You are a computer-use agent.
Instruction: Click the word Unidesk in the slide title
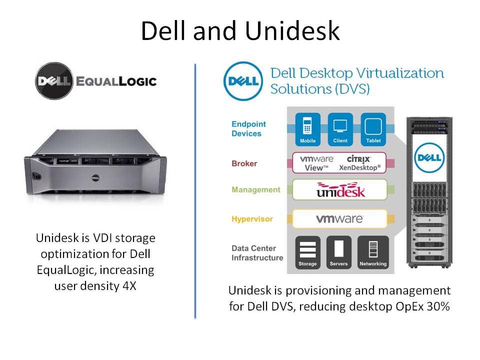292,30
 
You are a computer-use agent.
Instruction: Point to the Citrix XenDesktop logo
359,162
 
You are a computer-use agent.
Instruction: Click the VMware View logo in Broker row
317,162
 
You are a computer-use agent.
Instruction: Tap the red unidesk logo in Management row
340,190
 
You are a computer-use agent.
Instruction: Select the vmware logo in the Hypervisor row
339,218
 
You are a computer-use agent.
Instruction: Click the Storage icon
307,252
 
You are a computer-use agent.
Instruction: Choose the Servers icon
338,252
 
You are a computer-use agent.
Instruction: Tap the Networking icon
372,252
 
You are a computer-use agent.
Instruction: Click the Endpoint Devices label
248,128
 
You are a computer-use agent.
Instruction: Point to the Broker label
244,163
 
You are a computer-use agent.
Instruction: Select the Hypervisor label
251,219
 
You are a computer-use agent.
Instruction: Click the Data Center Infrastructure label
257,253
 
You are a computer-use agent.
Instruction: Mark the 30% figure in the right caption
438,306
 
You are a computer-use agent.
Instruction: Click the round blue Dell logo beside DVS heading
242,81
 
